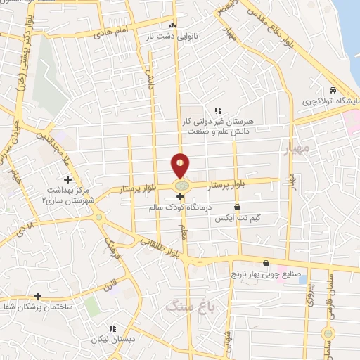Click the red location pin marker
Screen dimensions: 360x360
(181, 165)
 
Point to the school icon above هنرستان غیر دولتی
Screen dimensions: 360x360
(218, 110)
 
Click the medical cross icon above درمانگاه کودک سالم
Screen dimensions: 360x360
(181, 198)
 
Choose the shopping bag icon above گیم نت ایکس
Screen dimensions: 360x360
(237, 208)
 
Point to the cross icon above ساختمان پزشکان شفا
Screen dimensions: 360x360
(37, 296)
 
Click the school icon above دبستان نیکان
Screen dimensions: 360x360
(112, 328)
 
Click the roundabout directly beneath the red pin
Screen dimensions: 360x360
(181, 185)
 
